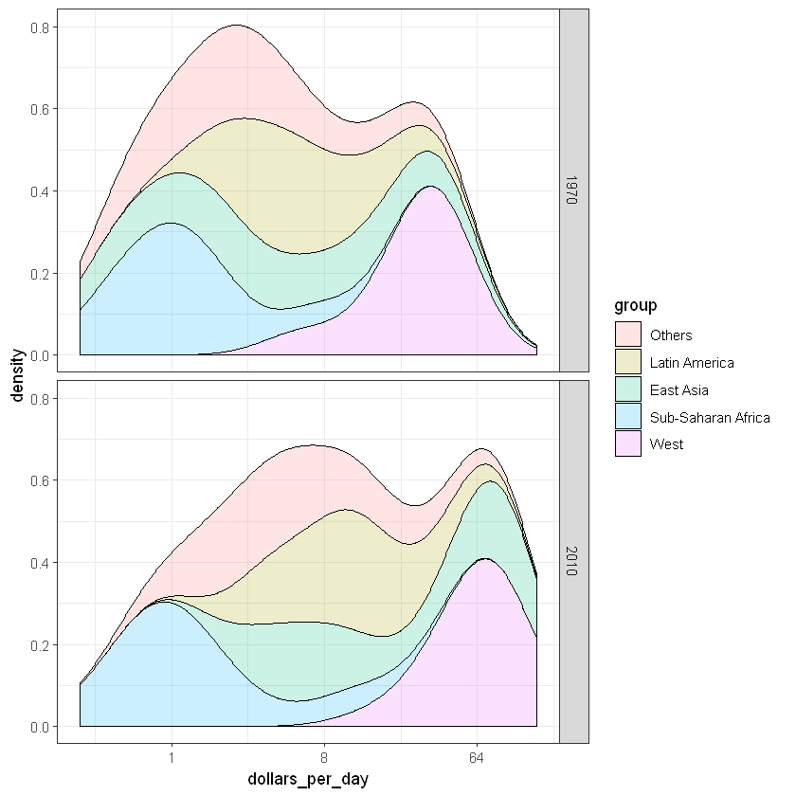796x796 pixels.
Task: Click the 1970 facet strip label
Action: (573, 190)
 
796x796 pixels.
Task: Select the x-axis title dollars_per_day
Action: (308, 779)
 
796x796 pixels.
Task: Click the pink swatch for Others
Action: (628, 335)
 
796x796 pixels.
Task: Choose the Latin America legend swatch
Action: (628, 362)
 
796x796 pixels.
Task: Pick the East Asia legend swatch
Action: (628, 389)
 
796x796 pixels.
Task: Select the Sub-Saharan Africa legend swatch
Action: (628, 417)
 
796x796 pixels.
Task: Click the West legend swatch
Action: (628, 443)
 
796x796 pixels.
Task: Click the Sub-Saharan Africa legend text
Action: (710, 417)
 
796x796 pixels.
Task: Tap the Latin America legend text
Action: (692, 362)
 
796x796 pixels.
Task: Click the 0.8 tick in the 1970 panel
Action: (41, 27)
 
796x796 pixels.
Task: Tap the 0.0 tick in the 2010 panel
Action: (41, 727)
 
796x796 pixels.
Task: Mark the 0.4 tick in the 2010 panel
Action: (41, 563)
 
